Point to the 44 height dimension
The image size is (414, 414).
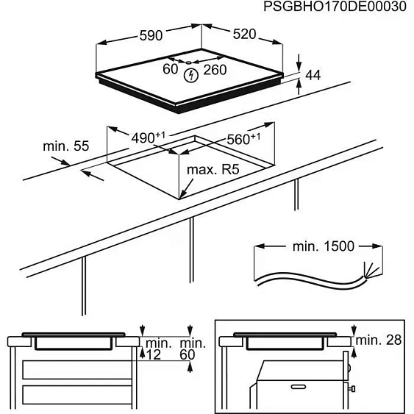[x=314, y=75]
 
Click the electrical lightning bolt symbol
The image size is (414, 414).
[x=193, y=74]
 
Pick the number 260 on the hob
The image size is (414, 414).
[x=215, y=70]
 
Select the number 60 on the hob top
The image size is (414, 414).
[x=171, y=70]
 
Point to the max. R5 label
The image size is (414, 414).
[x=213, y=170]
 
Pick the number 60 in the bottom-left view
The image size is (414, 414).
[x=190, y=355]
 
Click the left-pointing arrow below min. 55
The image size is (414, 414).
[x=92, y=174]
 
